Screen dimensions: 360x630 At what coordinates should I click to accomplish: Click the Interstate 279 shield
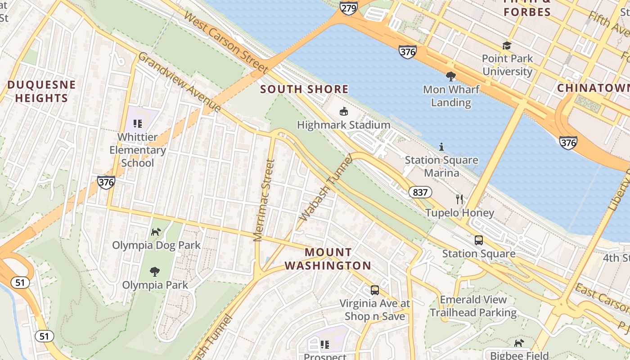(349, 8)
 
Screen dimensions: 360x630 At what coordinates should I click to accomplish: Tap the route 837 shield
(420, 193)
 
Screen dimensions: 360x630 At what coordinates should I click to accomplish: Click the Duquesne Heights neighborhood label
(41, 91)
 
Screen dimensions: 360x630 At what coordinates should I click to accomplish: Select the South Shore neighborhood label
(304, 89)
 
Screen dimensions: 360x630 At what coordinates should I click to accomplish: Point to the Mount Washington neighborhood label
(328, 259)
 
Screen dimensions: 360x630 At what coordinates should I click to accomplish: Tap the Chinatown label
(593, 88)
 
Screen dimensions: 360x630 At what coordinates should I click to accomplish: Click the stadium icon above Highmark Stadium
(343, 111)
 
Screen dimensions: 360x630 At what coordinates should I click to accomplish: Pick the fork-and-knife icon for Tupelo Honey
(459, 199)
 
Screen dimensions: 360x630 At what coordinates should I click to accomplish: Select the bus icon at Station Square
(478, 240)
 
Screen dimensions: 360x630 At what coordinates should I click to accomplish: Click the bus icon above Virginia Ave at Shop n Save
(374, 290)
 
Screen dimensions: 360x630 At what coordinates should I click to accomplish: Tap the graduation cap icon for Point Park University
(507, 45)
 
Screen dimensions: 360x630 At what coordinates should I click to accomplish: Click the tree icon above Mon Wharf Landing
(450, 76)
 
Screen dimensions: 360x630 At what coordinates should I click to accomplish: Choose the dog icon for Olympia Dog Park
(156, 232)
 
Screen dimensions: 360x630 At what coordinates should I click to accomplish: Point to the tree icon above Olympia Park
(155, 271)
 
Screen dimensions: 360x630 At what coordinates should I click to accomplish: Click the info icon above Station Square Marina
(441, 147)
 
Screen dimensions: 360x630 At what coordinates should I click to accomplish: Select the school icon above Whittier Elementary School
(138, 123)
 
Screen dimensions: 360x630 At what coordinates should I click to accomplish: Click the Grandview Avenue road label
(180, 82)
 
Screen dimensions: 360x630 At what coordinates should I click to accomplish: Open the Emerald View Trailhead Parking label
(473, 306)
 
